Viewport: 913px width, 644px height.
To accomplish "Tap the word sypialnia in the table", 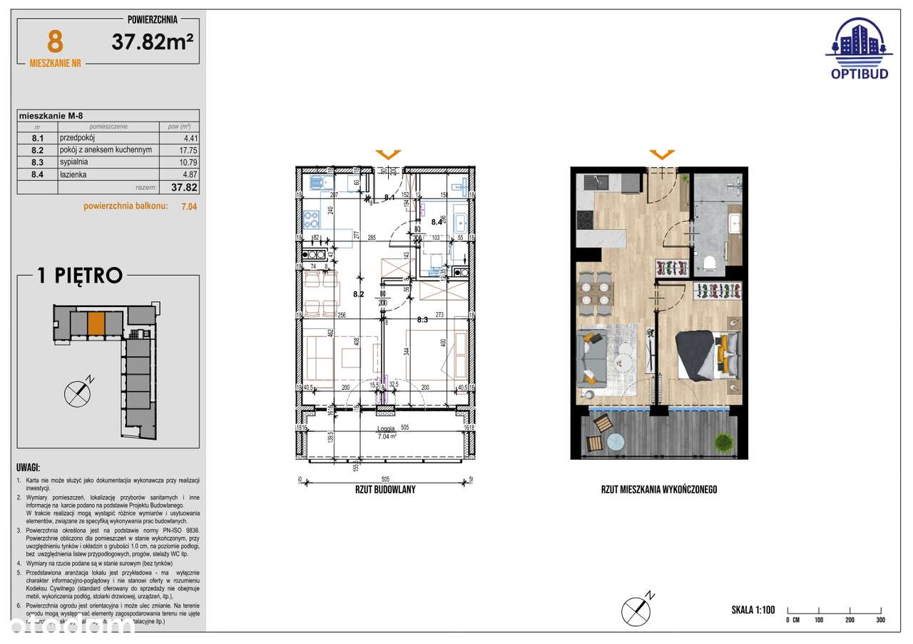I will click(x=74, y=162).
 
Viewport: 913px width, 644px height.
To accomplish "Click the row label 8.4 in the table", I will click(x=38, y=174).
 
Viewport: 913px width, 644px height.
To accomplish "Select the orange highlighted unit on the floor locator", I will click(x=96, y=324).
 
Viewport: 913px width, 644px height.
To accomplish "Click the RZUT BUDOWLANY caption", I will click(x=385, y=490).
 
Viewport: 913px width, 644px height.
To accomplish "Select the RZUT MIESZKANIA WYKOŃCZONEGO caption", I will click(x=658, y=490).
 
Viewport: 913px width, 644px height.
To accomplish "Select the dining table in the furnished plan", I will click(x=596, y=294).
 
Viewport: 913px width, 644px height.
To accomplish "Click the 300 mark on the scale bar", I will click(x=880, y=620).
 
